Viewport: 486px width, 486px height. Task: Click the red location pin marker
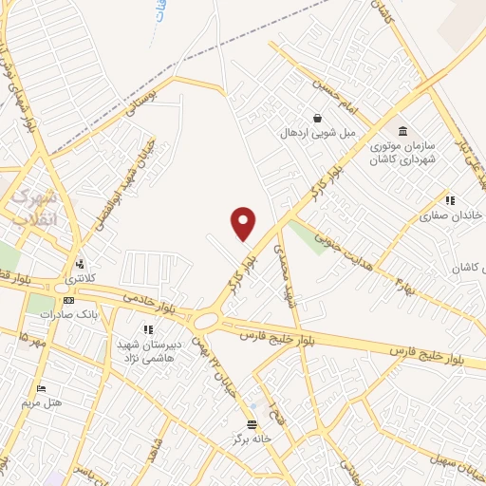[244, 223]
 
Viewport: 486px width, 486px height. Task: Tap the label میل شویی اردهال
[317, 134]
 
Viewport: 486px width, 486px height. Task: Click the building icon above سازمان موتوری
[402, 131]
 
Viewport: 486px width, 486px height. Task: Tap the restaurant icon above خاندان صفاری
[450, 201]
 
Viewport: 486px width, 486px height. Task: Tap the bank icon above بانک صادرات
[68, 299]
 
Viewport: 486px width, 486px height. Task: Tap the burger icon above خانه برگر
[252, 424]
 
